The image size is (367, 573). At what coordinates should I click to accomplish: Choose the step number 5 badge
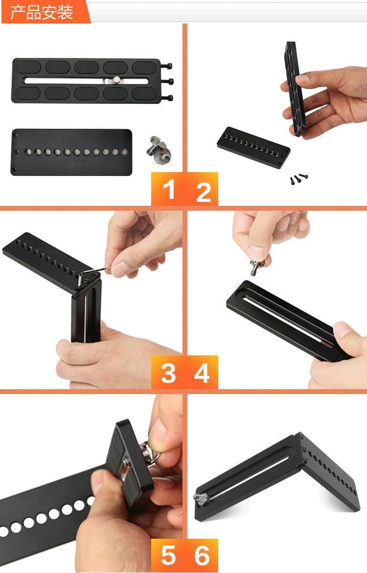(x=168, y=555)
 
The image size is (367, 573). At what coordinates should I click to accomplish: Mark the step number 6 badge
(x=202, y=555)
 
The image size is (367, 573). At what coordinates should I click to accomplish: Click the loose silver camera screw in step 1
(x=160, y=149)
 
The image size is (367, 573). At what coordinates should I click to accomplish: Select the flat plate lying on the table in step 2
(x=253, y=147)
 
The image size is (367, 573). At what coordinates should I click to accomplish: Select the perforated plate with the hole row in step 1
(x=71, y=152)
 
